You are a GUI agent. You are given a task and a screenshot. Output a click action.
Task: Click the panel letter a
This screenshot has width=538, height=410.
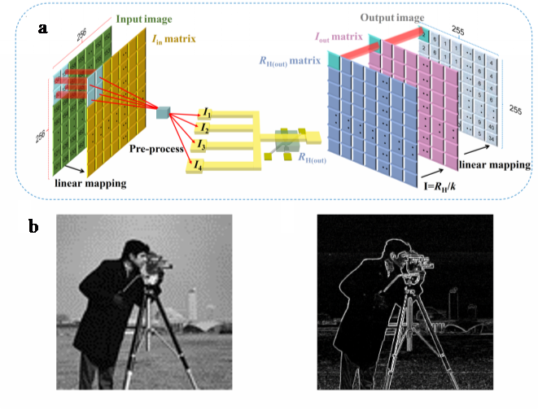pos(42,28)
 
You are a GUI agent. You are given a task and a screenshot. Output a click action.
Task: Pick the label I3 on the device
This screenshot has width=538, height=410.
pos(199,144)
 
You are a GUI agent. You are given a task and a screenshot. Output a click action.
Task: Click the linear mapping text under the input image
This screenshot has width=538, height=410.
pos(89,183)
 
